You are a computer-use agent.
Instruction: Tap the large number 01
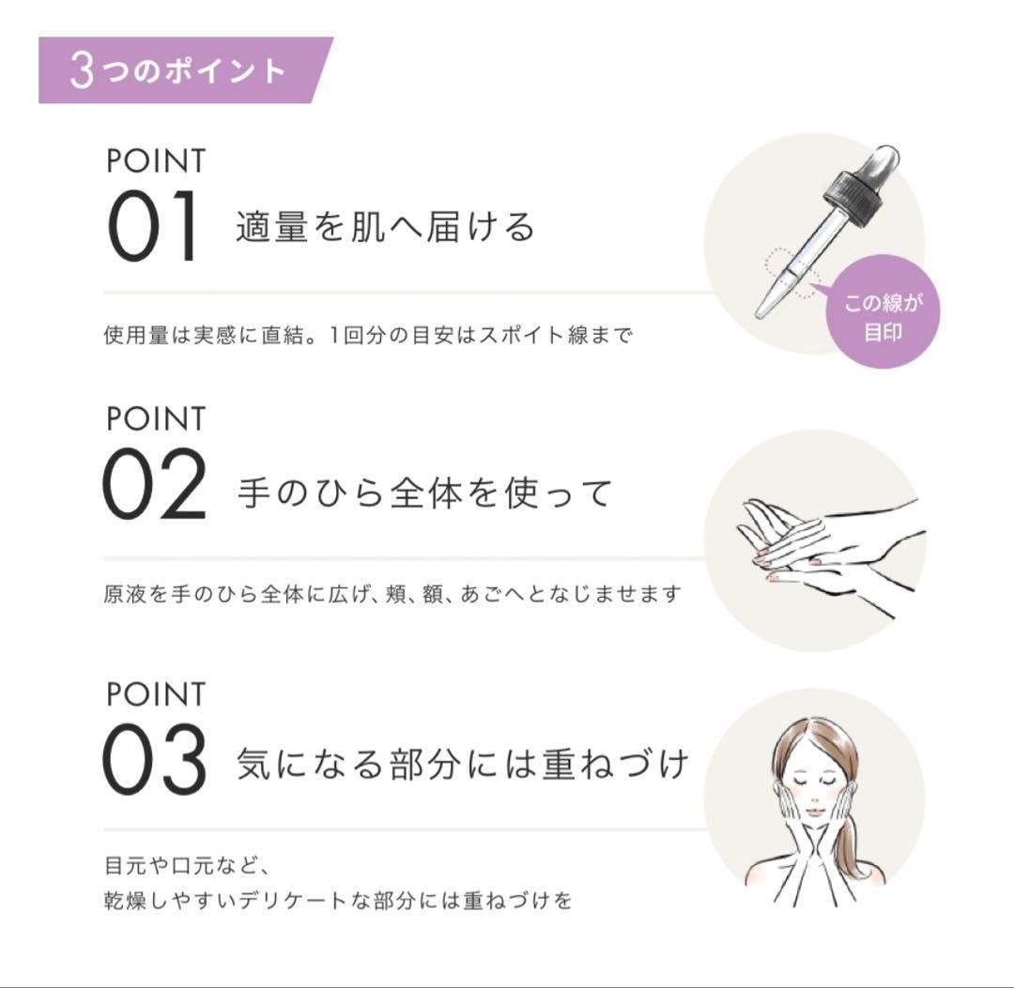coord(153,227)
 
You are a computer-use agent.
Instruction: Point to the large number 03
coord(154,760)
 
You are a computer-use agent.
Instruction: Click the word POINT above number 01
coord(155,160)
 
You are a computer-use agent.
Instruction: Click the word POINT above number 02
coord(155,418)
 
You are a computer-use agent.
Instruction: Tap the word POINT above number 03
coord(155,694)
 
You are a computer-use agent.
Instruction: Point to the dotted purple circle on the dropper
coord(791,273)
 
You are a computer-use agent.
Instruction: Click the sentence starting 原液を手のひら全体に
coord(392,594)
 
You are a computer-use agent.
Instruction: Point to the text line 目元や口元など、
coord(188,864)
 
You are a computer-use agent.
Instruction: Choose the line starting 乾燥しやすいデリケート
coord(338,901)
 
